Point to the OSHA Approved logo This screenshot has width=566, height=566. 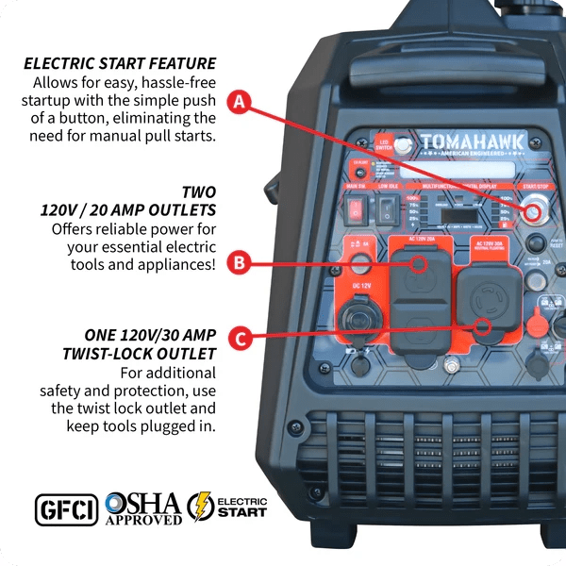click(143, 508)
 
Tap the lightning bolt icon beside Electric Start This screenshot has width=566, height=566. click(200, 508)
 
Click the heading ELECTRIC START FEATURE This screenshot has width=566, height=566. click(120, 64)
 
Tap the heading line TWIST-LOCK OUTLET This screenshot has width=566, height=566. click(142, 354)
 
